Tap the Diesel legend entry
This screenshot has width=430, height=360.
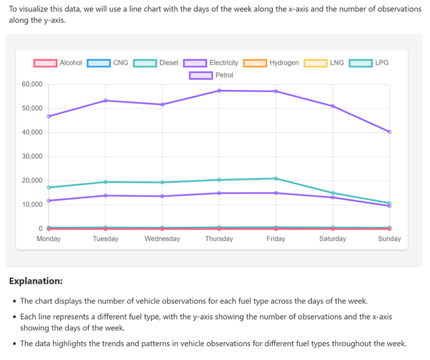tap(155, 62)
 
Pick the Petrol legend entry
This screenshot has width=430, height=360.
tap(211, 75)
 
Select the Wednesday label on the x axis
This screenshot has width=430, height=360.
tap(162, 239)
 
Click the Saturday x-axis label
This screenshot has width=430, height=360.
tap(332, 239)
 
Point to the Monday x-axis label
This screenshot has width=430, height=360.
tap(49, 239)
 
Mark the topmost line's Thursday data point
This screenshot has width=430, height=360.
tap(219, 90)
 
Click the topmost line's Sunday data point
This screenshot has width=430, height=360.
tap(390, 132)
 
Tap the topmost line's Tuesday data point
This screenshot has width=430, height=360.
tap(105, 101)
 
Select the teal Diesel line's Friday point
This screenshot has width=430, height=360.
tap(276, 179)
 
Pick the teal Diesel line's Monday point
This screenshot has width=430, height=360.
tap(49, 187)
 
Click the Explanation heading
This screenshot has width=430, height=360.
tap(36, 280)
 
